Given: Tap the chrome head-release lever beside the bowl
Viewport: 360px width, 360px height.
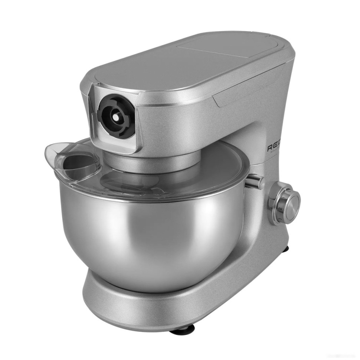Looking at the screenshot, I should [x=255, y=181].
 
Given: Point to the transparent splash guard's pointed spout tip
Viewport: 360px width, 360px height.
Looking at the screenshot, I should [x=46, y=152].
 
